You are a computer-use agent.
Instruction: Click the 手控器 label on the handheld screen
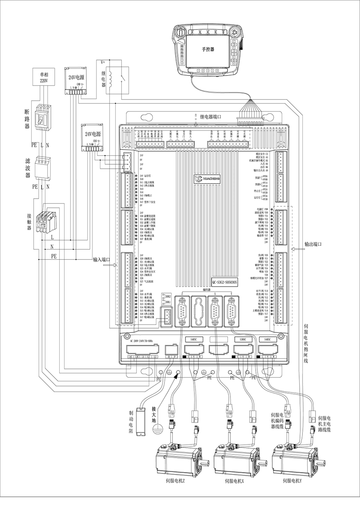click(208, 49)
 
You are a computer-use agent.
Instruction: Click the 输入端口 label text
click(101, 259)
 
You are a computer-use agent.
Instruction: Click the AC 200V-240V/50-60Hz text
click(142, 341)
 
